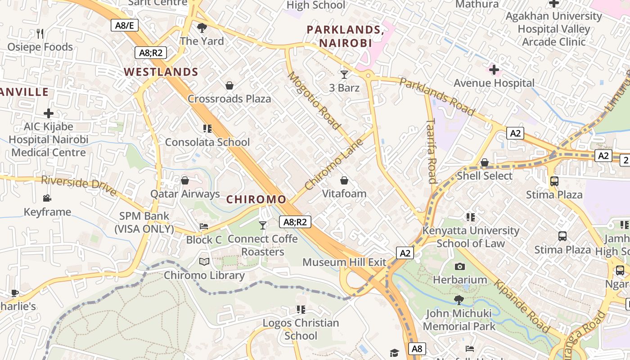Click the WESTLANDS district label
161,72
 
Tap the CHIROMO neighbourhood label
256,199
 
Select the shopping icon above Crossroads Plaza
229,85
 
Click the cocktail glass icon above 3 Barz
344,74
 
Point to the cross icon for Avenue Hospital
494,70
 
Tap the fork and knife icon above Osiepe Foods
40,33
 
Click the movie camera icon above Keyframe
47,198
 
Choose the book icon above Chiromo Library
204,262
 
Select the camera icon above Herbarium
459,266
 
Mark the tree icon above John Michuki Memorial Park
459,300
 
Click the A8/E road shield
125,25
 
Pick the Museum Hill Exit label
344,262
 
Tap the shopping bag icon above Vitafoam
344,180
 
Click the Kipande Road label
522,306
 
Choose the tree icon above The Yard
202,28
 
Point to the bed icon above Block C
204,226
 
